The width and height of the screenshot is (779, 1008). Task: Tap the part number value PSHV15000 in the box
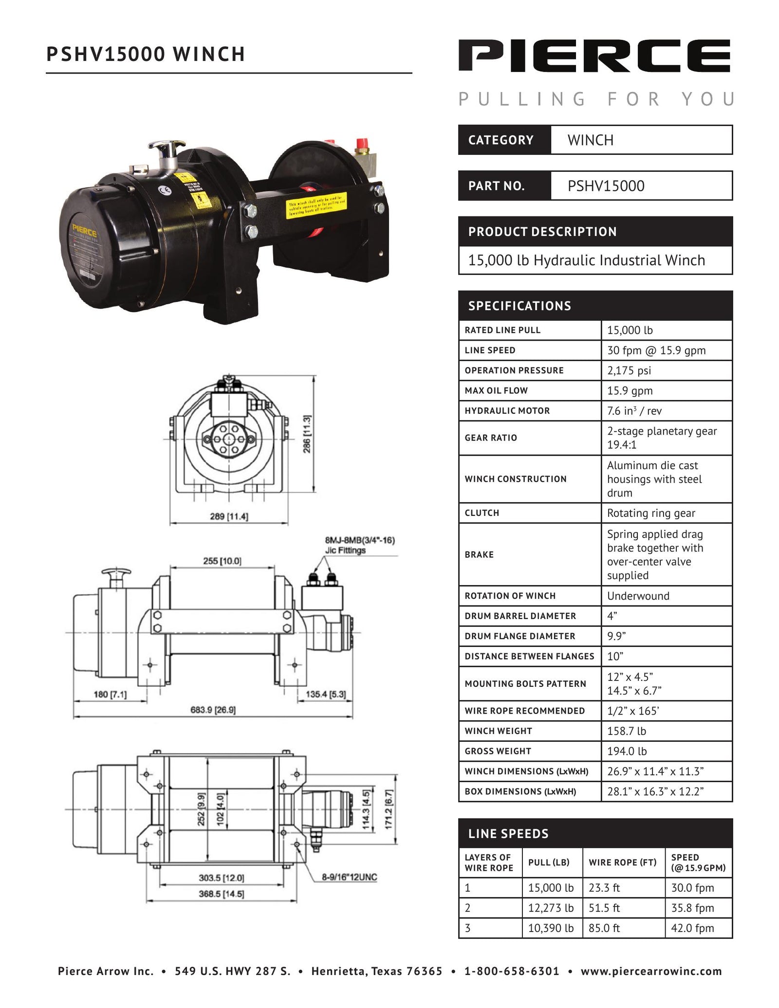click(x=606, y=186)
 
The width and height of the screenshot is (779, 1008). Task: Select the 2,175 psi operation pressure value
click(x=629, y=370)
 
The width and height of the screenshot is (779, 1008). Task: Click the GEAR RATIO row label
click(x=491, y=438)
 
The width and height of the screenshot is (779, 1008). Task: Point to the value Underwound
click(x=638, y=596)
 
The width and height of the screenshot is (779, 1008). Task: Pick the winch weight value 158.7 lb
click(x=627, y=731)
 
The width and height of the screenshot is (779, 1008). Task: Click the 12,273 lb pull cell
click(x=551, y=908)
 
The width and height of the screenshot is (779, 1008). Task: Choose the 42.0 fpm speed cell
click(x=692, y=928)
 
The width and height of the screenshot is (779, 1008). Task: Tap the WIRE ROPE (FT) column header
click(x=623, y=862)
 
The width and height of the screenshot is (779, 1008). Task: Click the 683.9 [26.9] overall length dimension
click(x=213, y=710)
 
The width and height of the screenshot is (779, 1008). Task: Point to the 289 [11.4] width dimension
click(x=229, y=516)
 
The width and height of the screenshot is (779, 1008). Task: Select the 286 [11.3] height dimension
click(x=307, y=434)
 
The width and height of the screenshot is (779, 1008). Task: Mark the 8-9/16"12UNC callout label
click(x=349, y=877)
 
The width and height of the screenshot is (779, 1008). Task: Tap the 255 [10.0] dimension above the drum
click(x=222, y=561)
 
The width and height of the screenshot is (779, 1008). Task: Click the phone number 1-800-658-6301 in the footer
click(x=512, y=971)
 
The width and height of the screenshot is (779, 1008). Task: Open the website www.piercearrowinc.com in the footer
click(x=651, y=971)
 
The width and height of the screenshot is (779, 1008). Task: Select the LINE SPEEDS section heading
click(x=508, y=834)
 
